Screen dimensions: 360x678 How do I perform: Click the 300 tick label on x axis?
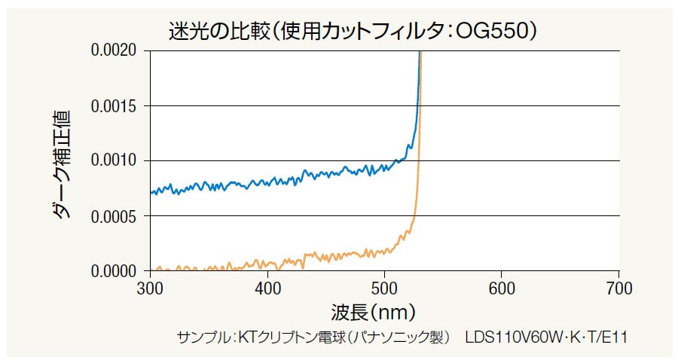point(151,288)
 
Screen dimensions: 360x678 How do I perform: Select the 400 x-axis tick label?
point(268,288)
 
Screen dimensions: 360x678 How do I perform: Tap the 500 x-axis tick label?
point(385,288)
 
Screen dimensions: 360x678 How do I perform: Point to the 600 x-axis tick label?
point(502,288)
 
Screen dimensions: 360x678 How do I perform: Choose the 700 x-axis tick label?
point(619,288)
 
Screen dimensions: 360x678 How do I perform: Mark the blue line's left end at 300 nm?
point(151,193)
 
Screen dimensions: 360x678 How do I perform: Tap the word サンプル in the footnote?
point(203,336)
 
